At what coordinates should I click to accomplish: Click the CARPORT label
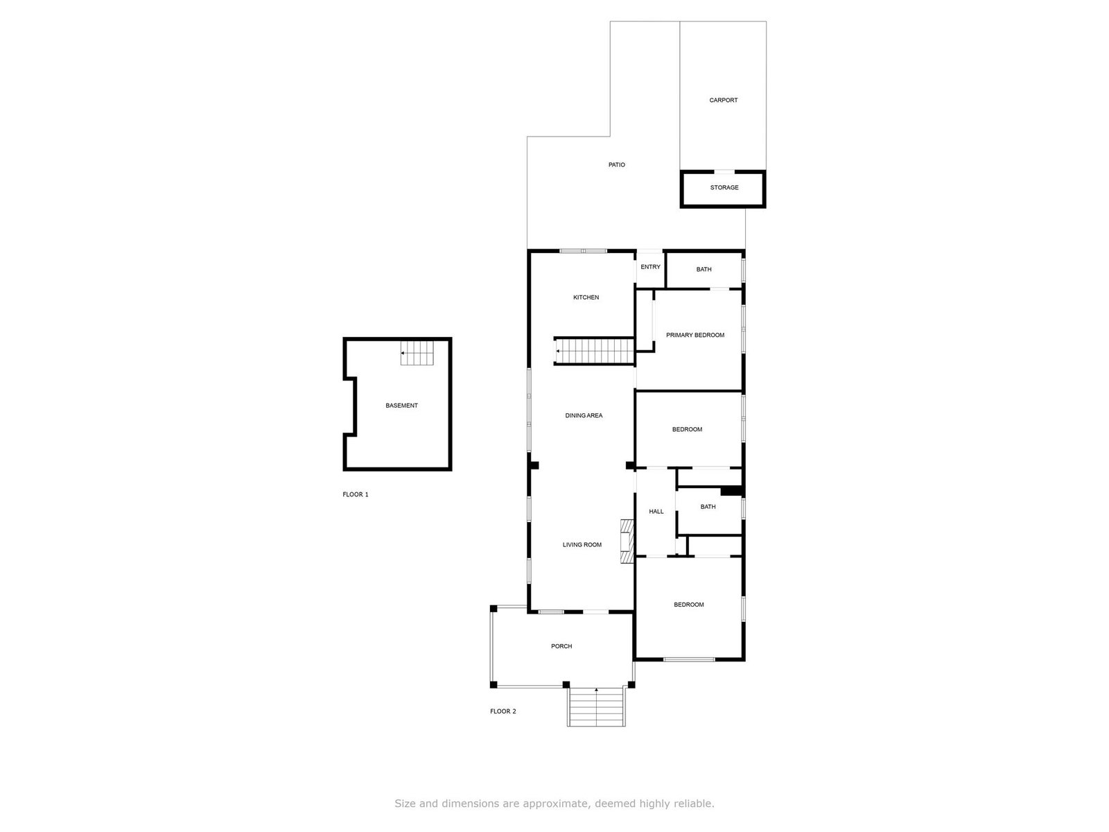pyautogui.click(x=723, y=100)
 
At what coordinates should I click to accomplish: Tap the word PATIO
pyautogui.click(x=616, y=165)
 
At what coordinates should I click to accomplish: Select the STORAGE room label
pyautogui.click(x=724, y=187)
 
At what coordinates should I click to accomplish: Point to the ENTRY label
pyautogui.click(x=650, y=267)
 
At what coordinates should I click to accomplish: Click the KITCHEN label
pyautogui.click(x=586, y=297)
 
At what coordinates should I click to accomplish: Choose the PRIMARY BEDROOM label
pyautogui.click(x=695, y=335)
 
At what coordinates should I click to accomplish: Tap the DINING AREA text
pyautogui.click(x=584, y=416)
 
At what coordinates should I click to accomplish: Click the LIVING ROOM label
pyautogui.click(x=582, y=544)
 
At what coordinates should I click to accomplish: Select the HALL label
pyautogui.click(x=656, y=511)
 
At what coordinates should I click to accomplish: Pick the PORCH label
pyautogui.click(x=561, y=646)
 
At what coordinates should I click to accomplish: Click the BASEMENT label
pyautogui.click(x=401, y=405)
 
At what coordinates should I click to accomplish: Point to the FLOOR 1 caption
pyautogui.click(x=356, y=494)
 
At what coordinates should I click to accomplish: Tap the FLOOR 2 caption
pyautogui.click(x=503, y=711)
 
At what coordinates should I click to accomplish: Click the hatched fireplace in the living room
pyautogui.click(x=627, y=541)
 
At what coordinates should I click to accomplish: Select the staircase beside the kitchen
pyautogui.click(x=594, y=351)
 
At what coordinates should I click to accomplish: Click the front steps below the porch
pyautogui.click(x=596, y=707)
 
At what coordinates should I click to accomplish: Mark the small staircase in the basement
pyautogui.click(x=417, y=353)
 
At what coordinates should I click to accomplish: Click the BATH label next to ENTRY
pyautogui.click(x=704, y=269)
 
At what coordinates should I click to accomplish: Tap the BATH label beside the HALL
pyautogui.click(x=708, y=507)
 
